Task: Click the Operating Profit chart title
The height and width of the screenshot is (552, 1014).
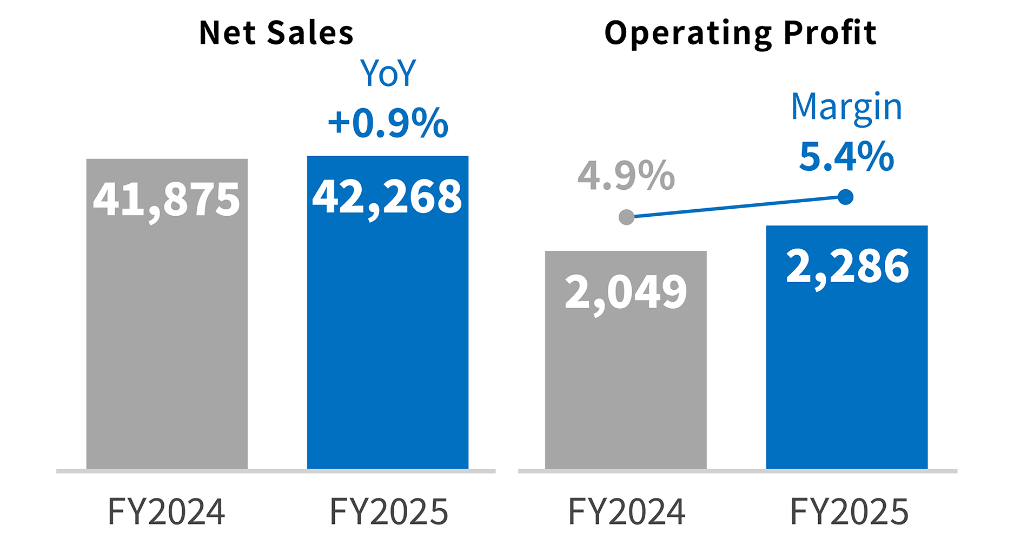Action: (x=740, y=34)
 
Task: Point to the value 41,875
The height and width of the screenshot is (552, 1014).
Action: (x=167, y=199)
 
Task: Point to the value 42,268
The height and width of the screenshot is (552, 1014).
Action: (x=387, y=197)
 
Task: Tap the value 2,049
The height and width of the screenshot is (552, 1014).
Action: (x=625, y=292)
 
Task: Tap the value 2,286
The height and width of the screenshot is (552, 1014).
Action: (x=847, y=267)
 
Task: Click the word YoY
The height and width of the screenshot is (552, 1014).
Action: (x=388, y=74)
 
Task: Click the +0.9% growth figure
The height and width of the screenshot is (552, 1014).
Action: (x=388, y=123)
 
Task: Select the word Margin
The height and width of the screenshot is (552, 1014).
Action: (x=846, y=107)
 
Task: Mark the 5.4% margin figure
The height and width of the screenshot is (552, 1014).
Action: (x=846, y=156)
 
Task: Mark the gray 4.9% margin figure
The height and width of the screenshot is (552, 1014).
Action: (x=626, y=176)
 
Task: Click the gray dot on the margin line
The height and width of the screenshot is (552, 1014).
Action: (x=626, y=217)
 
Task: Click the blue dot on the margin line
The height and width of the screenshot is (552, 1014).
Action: (x=845, y=197)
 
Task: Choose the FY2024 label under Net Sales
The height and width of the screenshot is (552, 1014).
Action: (x=167, y=511)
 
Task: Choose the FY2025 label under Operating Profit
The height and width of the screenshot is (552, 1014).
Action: (x=849, y=511)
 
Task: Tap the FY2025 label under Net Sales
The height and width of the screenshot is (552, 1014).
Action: (x=389, y=511)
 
